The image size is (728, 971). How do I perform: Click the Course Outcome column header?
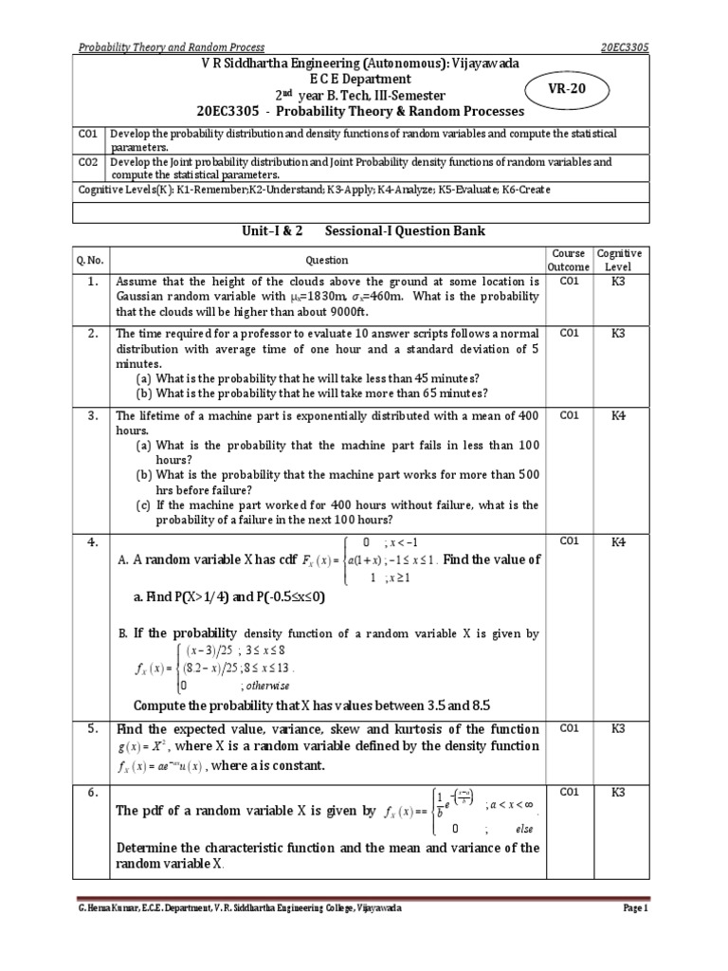(x=569, y=260)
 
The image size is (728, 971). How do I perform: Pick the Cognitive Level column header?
(x=618, y=260)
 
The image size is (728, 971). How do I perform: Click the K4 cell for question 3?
(x=618, y=415)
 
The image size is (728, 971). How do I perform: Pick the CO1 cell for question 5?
(x=569, y=729)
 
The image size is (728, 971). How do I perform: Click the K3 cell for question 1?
(x=618, y=282)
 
